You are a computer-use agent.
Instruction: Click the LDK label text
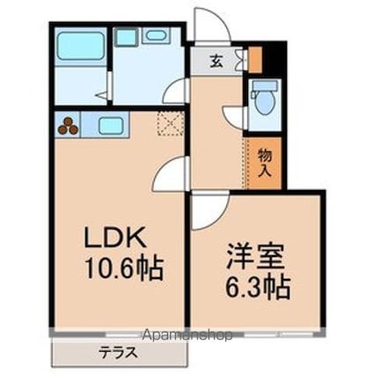tap(112, 238)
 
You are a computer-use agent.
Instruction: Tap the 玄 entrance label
tap(216, 62)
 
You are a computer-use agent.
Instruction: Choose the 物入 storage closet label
tap(264, 161)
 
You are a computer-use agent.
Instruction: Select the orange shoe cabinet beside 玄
tap(255, 59)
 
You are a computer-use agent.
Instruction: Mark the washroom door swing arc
tap(180, 90)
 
